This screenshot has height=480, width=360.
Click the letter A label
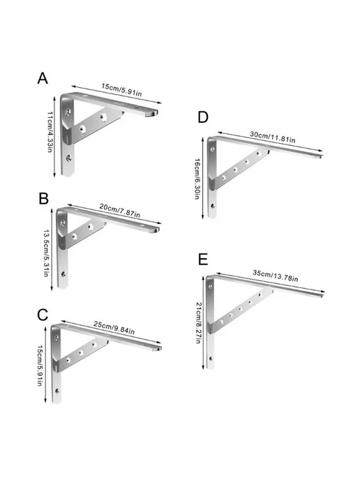click(x=43, y=78)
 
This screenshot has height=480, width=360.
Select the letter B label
click(x=44, y=198)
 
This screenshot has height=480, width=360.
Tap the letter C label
click(x=43, y=315)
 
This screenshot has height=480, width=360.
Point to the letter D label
click(x=203, y=117)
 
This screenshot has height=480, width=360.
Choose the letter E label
click(x=203, y=260)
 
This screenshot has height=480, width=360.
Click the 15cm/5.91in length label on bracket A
click(x=122, y=90)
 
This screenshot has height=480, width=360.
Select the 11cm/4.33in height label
click(x=50, y=132)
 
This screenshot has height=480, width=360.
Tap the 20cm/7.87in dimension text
click(x=120, y=210)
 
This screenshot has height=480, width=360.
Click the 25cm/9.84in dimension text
click(x=114, y=327)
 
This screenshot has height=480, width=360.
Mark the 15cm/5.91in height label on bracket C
click(x=40, y=366)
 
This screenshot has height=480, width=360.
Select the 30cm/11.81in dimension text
click(x=273, y=137)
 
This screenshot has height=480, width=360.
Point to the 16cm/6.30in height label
click(x=197, y=179)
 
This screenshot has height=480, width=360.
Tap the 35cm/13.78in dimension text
click(x=275, y=275)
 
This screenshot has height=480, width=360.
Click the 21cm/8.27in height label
click(x=199, y=322)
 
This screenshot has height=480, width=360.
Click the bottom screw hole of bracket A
click(x=69, y=158)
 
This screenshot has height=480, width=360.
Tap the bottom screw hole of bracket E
click(x=211, y=358)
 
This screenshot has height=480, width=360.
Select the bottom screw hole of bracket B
click(x=63, y=274)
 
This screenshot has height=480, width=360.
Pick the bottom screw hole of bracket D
click(x=213, y=206)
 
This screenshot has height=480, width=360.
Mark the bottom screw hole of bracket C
click(x=57, y=391)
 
